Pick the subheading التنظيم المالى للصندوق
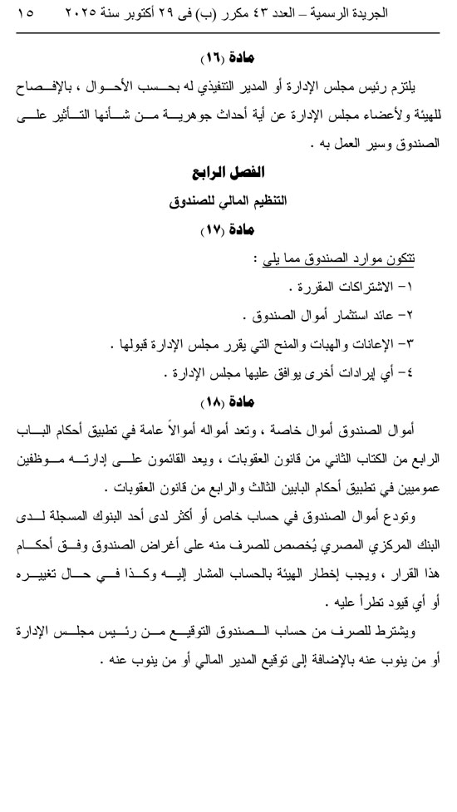pos(228,201)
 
